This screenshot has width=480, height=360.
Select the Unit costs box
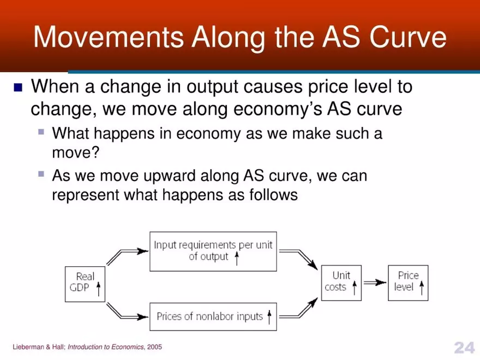pos(341,282)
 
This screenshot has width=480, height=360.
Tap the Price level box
pos(408,282)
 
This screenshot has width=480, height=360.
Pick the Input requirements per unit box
pos(213,251)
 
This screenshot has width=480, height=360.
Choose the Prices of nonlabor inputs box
pos(213,316)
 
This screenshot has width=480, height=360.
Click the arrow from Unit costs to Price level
pos(375,283)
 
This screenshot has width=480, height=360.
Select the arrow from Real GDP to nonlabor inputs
pos(128,311)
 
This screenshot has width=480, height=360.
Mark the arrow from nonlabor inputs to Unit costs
pos(298,308)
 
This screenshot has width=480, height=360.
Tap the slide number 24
pos(464,347)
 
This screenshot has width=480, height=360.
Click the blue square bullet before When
pos(19,87)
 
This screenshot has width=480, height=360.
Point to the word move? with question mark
pos(75,152)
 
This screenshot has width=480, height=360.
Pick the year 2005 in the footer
pos(154,347)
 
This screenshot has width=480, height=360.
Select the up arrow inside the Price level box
pos(421,287)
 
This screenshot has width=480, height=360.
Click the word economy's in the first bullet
pos(278,109)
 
